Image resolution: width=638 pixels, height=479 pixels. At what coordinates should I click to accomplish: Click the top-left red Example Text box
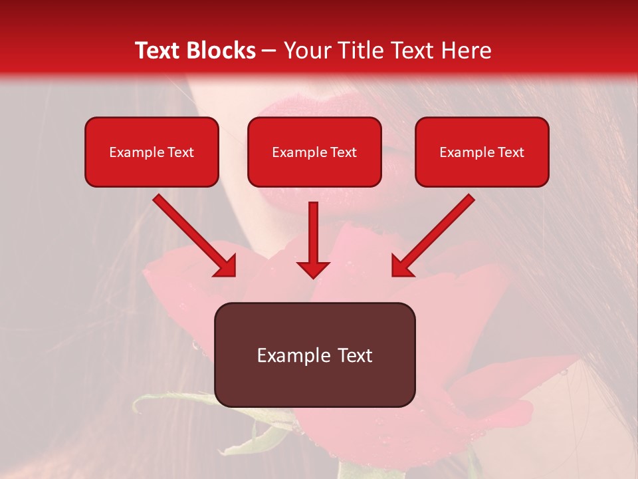(152, 152)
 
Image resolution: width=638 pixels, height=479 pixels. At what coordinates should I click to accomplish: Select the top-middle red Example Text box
(314, 152)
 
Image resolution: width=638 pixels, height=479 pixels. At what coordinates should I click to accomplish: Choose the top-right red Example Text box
(482, 152)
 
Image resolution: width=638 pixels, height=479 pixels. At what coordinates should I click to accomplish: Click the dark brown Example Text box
(314, 355)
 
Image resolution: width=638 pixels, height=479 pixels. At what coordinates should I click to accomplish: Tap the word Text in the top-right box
(510, 152)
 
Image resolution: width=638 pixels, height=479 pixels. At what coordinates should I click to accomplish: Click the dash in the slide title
(269, 51)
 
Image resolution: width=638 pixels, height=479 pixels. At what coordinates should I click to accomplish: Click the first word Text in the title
(159, 51)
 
